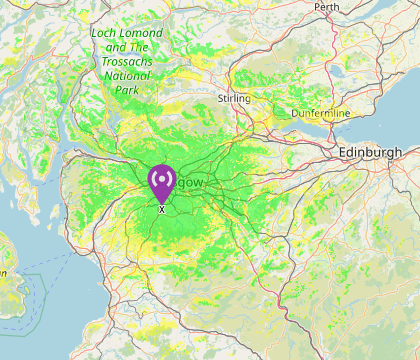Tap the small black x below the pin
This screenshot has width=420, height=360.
point(161,209)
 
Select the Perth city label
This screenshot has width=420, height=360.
point(326,7)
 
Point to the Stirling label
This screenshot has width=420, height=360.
point(233,99)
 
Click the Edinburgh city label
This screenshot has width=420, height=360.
point(370,151)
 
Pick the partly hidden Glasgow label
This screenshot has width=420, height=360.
point(189,183)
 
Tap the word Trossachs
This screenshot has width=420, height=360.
point(126,61)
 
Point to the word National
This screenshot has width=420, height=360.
point(126,75)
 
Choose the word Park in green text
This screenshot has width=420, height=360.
point(126,90)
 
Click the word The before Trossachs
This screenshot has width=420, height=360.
point(140,47)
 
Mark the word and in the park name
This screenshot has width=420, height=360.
point(115,47)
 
